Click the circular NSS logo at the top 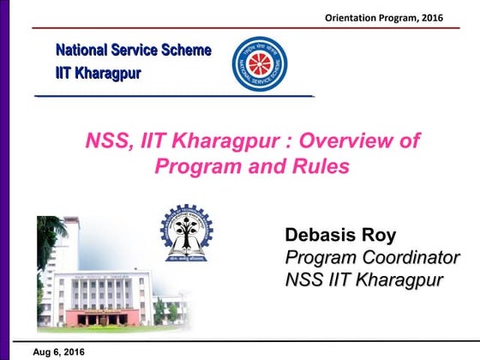(x=260, y=63)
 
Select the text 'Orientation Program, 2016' (x=384, y=18)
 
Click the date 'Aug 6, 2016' (x=59, y=351)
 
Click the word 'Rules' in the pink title (x=322, y=165)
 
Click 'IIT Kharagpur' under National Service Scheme (x=99, y=72)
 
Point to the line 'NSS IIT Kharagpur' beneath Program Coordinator (x=364, y=279)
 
